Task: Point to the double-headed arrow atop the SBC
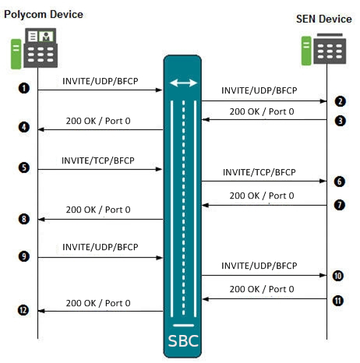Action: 183,83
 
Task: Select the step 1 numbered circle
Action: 25,90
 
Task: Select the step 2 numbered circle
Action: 340,101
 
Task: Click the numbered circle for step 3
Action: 340,120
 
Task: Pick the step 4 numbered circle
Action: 25,127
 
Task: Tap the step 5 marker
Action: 25,167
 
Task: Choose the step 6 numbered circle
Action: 340,181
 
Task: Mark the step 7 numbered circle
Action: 340,205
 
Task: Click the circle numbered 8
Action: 25,219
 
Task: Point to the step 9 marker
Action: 25,256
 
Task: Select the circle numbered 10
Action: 339,275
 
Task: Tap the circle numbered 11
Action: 339,298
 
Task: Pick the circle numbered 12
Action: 25,311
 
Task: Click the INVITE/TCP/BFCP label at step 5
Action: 98,161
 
